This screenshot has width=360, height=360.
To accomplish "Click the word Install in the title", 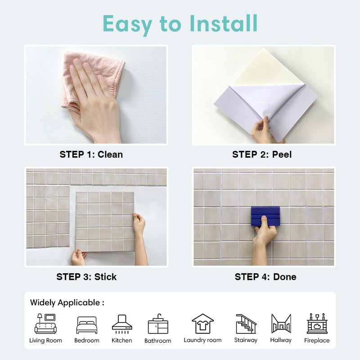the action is (223, 23).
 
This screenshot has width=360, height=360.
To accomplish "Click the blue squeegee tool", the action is (265, 216).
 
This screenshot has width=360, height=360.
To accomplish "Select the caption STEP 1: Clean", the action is (91, 154).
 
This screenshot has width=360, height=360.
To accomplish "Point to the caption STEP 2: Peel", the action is (262, 154).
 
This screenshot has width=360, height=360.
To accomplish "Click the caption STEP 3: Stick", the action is (86, 277).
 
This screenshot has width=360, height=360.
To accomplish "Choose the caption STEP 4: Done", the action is (265, 277).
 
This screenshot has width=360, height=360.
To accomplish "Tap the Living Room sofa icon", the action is (45, 324).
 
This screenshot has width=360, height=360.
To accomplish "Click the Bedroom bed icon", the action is (87, 325).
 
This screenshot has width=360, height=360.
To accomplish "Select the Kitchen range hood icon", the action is (122, 324).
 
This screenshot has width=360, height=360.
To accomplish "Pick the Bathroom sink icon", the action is (158, 324).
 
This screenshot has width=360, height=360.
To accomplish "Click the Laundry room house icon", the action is (203, 324).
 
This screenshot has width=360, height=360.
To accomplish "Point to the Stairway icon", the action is (246, 324).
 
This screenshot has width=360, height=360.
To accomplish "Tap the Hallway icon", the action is (281, 324).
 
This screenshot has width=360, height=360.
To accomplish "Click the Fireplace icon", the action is (317, 323).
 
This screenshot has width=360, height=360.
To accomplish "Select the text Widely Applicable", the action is (65, 303).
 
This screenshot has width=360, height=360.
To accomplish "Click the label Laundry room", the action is (203, 340).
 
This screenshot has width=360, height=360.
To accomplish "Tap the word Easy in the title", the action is (127, 25).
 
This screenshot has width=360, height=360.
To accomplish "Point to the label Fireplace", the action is (317, 340).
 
